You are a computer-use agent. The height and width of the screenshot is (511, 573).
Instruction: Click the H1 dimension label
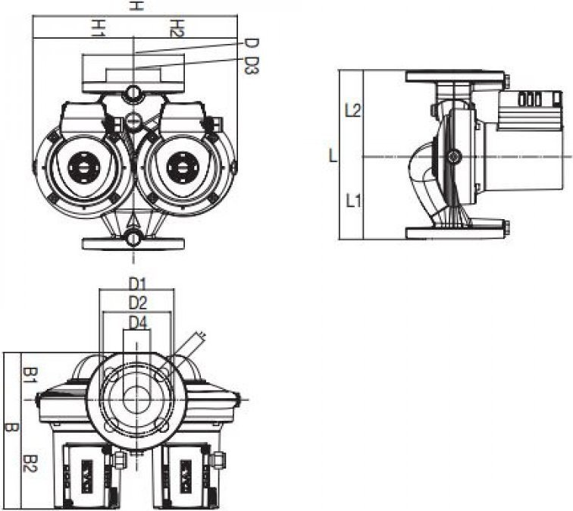click(x=98, y=28)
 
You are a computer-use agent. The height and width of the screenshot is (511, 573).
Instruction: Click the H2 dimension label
click(x=177, y=28)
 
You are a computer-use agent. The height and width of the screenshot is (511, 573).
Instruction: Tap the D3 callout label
click(x=252, y=65)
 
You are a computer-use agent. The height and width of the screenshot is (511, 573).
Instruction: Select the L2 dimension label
click(x=353, y=110)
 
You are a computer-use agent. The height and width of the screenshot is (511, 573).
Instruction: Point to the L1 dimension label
click(x=353, y=201)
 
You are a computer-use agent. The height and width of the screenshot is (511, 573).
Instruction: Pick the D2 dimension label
click(x=138, y=303)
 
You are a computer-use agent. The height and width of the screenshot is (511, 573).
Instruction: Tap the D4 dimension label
click(x=138, y=322)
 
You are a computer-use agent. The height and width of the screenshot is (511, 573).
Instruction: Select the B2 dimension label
click(x=30, y=463)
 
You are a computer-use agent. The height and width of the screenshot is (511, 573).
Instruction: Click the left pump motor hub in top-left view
click(x=83, y=168)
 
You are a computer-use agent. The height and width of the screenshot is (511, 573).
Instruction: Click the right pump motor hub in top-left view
click(x=182, y=168)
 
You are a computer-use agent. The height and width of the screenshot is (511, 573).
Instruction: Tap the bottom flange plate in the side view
click(x=455, y=233)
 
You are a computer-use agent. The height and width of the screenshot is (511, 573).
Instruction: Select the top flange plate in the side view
click(x=455, y=77)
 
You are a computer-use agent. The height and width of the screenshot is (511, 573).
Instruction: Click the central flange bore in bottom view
click(x=136, y=400)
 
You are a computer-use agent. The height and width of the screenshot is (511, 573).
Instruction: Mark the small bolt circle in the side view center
click(x=454, y=157)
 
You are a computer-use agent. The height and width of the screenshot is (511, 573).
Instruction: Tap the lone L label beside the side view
click(x=333, y=155)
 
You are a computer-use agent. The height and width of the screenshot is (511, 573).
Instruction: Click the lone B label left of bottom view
click(x=11, y=428)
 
